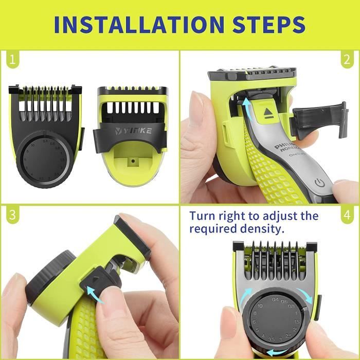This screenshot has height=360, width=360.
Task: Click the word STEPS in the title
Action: (x=267, y=24)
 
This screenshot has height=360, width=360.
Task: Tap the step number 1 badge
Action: (x=11, y=61)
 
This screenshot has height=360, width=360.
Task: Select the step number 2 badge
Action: (x=348, y=61)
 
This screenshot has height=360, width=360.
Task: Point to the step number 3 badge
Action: (x=11, y=215)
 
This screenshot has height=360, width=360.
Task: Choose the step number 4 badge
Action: (x=348, y=215)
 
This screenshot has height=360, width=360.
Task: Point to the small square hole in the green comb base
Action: (x=133, y=160)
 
